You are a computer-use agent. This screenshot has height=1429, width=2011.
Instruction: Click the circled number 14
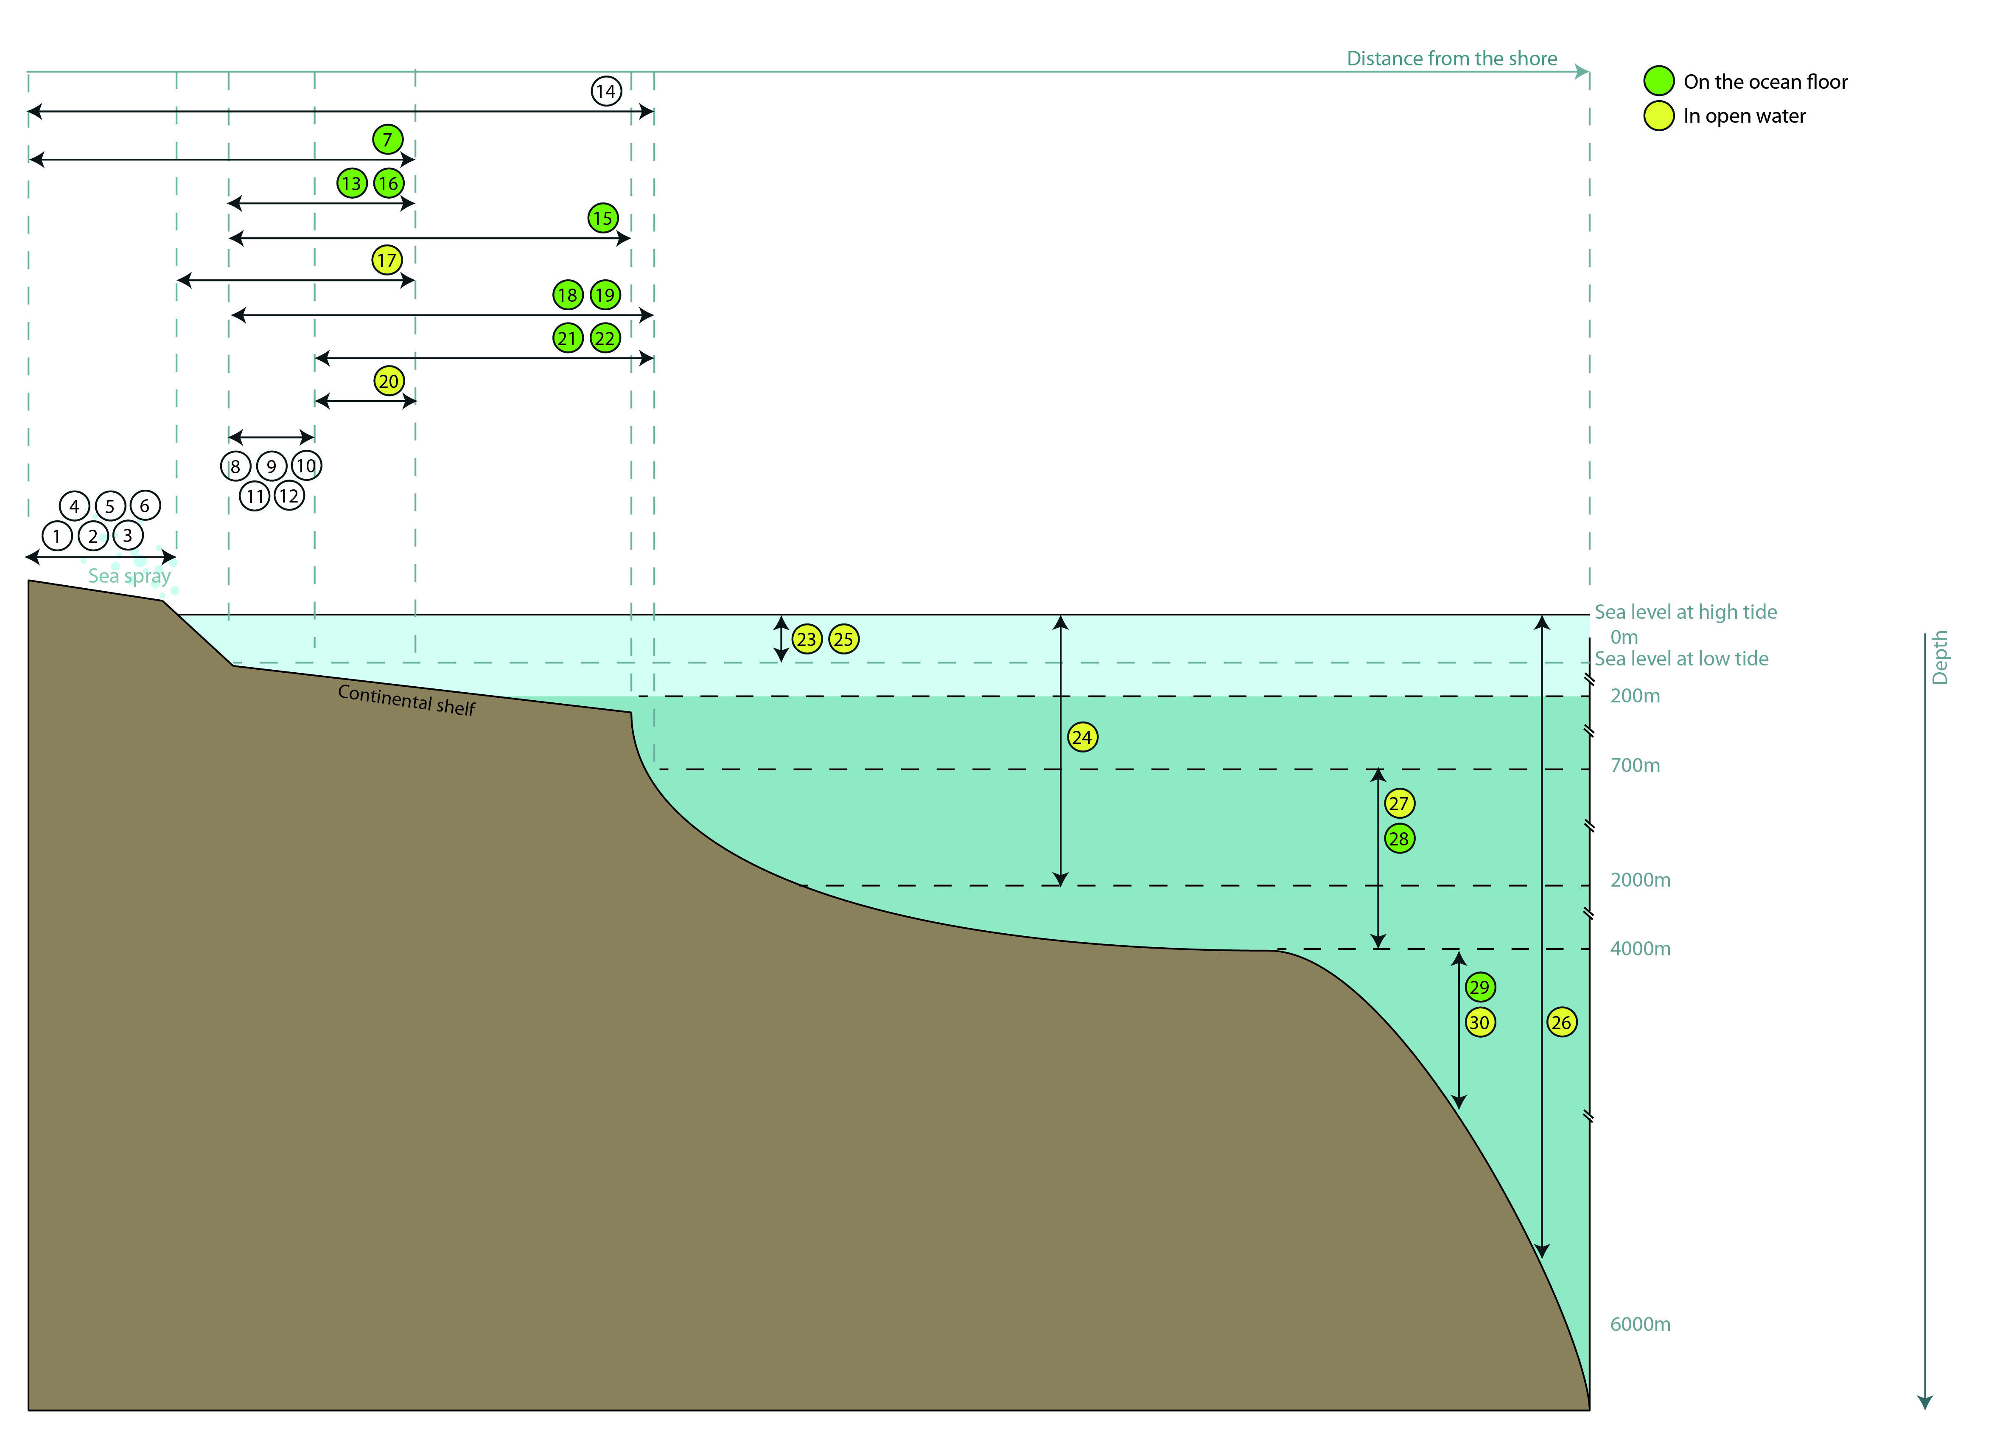[x=605, y=91]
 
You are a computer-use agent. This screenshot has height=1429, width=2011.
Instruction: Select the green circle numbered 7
[x=387, y=139]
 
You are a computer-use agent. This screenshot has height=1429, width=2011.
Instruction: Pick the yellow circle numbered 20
[x=389, y=381]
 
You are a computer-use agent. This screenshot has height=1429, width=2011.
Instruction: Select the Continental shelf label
[x=406, y=700]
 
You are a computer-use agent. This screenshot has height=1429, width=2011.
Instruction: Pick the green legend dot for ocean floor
[x=1658, y=81]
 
